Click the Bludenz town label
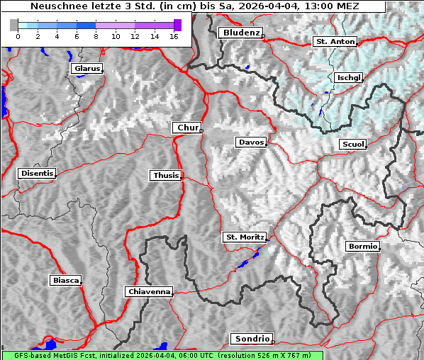[x=240, y=33]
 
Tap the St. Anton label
[x=334, y=42]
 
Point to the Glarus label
[x=86, y=69]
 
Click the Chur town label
[x=186, y=128]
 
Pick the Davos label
[x=250, y=142]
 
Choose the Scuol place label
[x=352, y=145]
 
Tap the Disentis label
[x=36, y=173]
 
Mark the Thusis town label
[x=165, y=175]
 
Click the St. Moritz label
[x=244, y=237]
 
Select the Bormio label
[x=362, y=247]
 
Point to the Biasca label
[x=65, y=281]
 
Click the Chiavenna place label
[x=148, y=291]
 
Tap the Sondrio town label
[x=251, y=339]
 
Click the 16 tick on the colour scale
[x=173, y=35]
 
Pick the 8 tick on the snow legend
[x=95, y=35]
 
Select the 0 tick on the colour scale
[x=17, y=35]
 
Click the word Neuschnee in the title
[x=54, y=6]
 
